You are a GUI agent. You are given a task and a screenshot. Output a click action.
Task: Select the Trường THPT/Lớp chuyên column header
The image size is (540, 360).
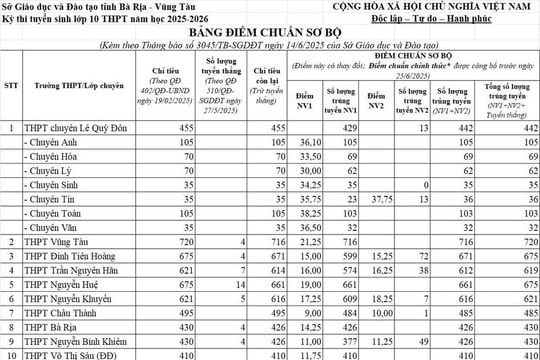point(75,84)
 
